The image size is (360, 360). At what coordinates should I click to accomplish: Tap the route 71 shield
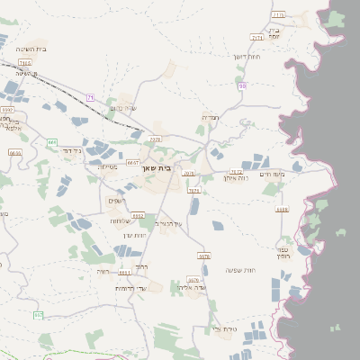[90, 97]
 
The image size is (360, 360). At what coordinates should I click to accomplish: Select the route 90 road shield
[243, 86]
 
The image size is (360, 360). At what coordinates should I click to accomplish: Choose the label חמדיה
[210, 117]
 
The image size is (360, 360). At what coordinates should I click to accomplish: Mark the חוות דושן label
[247, 57]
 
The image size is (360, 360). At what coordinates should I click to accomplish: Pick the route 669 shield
[52, 141]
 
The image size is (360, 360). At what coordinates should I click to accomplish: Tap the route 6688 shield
[283, 210]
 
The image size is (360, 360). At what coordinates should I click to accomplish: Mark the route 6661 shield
[124, 272]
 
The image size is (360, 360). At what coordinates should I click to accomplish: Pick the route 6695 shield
[14, 153]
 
